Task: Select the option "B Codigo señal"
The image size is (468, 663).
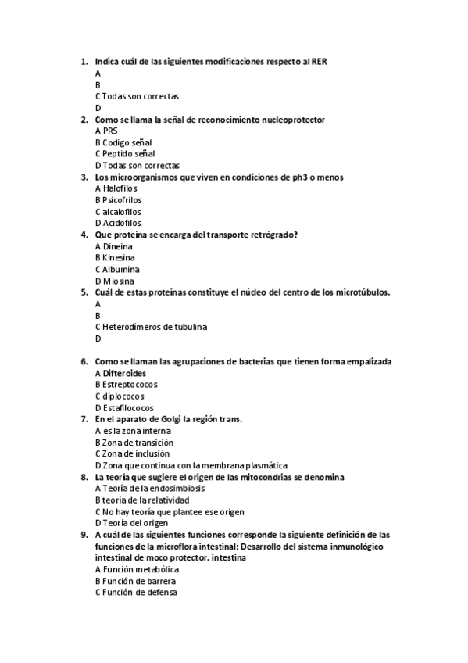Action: click(123, 142)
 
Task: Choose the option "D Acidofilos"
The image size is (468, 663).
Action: click(118, 223)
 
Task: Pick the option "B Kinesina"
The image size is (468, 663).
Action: click(115, 257)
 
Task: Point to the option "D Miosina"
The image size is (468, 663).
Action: click(114, 281)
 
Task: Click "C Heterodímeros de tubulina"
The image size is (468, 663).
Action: click(152, 327)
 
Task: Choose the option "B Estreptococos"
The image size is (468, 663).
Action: click(126, 385)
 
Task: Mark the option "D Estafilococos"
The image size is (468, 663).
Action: click(124, 407)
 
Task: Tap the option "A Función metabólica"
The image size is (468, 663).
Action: click(131, 569)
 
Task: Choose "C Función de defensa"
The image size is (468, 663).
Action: click(136, 593)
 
